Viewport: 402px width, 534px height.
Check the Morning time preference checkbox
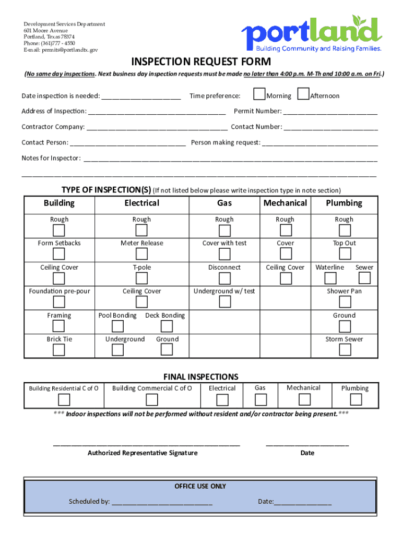pos(259,94)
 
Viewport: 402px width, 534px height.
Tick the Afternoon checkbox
pos(303,94)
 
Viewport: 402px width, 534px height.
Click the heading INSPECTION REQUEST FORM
pos(201,62)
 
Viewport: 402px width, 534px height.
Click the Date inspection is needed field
pos(141,96)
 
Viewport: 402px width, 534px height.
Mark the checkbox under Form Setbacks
pos(59,254)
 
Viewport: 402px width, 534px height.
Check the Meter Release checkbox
pos(141,254)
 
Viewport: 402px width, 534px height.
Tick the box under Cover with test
pos(224,254)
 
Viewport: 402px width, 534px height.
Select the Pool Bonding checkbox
pos(117,326)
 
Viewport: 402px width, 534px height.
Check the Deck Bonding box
pos(167,326)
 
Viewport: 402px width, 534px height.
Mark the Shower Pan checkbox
pos(345,302)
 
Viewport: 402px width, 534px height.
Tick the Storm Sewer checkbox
pos(345,350)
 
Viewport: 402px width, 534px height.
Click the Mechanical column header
pos(285,203)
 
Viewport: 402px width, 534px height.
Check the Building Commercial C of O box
pos(152,400)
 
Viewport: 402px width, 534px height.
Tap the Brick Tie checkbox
pos(59,350)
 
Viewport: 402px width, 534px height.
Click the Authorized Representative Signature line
pos(146,445)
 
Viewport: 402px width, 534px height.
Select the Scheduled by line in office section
pos(162,502)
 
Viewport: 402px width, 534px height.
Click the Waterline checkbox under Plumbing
pos(330,278)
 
